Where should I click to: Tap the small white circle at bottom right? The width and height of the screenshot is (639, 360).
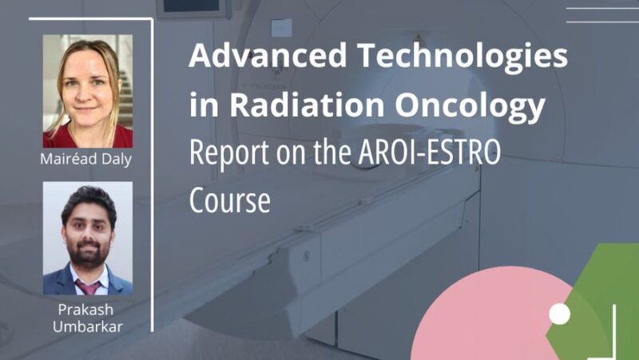(560, 315)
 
